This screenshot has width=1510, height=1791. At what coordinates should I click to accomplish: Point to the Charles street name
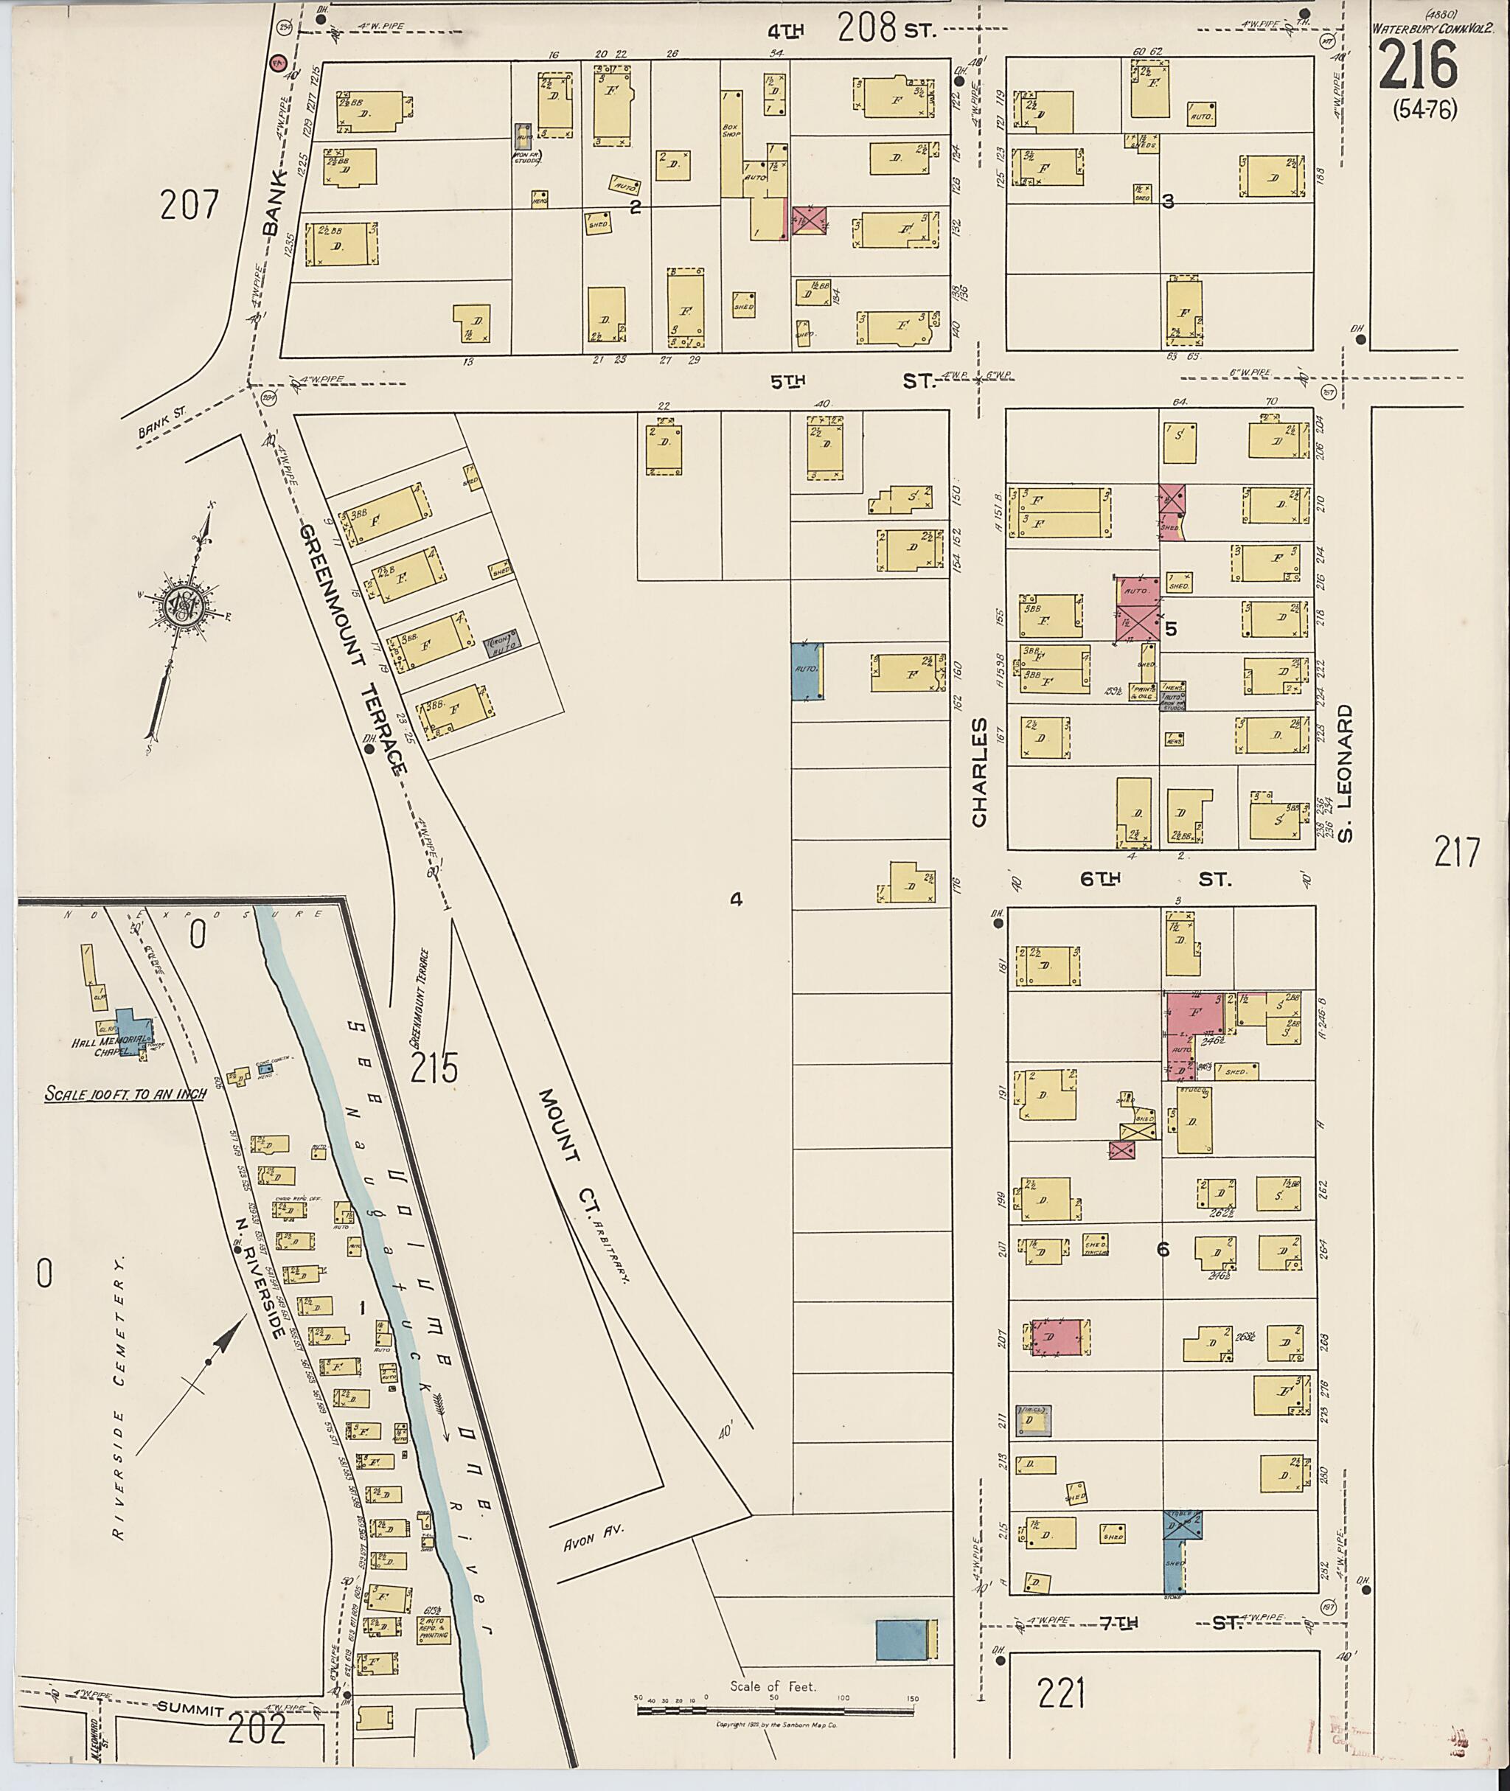coord(979,771)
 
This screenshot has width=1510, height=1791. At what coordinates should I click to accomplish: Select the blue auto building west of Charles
coord(807,672)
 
